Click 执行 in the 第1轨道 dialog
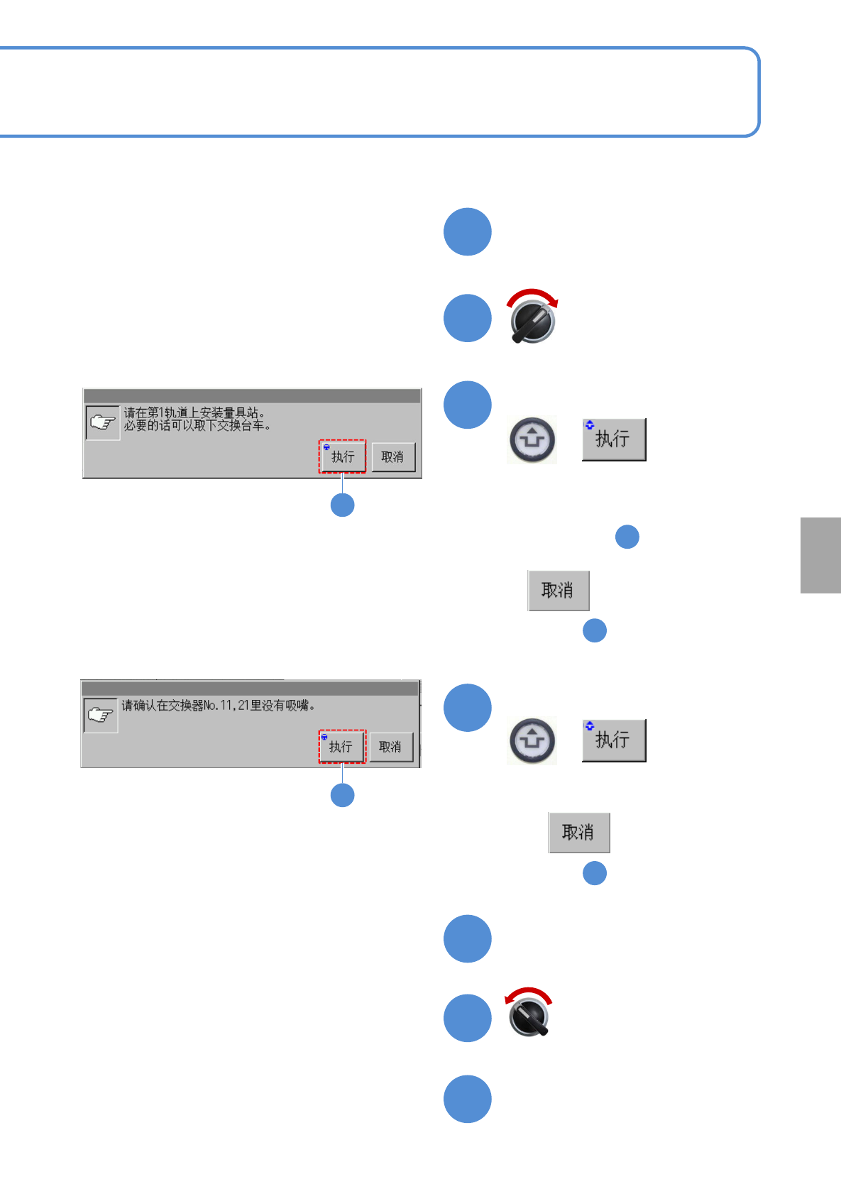(x=343, y=456)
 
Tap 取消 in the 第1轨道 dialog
(x=392, y=456)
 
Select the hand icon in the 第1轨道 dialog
(x=103, y=422)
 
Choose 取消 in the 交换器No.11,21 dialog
(x=390, y=747)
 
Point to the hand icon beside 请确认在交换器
(x=101, y=715)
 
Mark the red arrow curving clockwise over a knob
(x=533, y=295)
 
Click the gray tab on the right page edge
(x=820, y=555)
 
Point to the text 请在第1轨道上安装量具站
(x=194, y=412)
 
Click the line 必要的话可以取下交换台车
(x=197, y=426)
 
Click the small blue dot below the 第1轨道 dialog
(x=343, y=505)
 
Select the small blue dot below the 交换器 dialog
(x=343, y=795)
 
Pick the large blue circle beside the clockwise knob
(x=468, y=318)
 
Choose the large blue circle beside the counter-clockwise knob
(x=468, y=1018)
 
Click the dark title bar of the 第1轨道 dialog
(x=252, y=396)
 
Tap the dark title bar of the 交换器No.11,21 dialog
(x=250, y=689)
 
